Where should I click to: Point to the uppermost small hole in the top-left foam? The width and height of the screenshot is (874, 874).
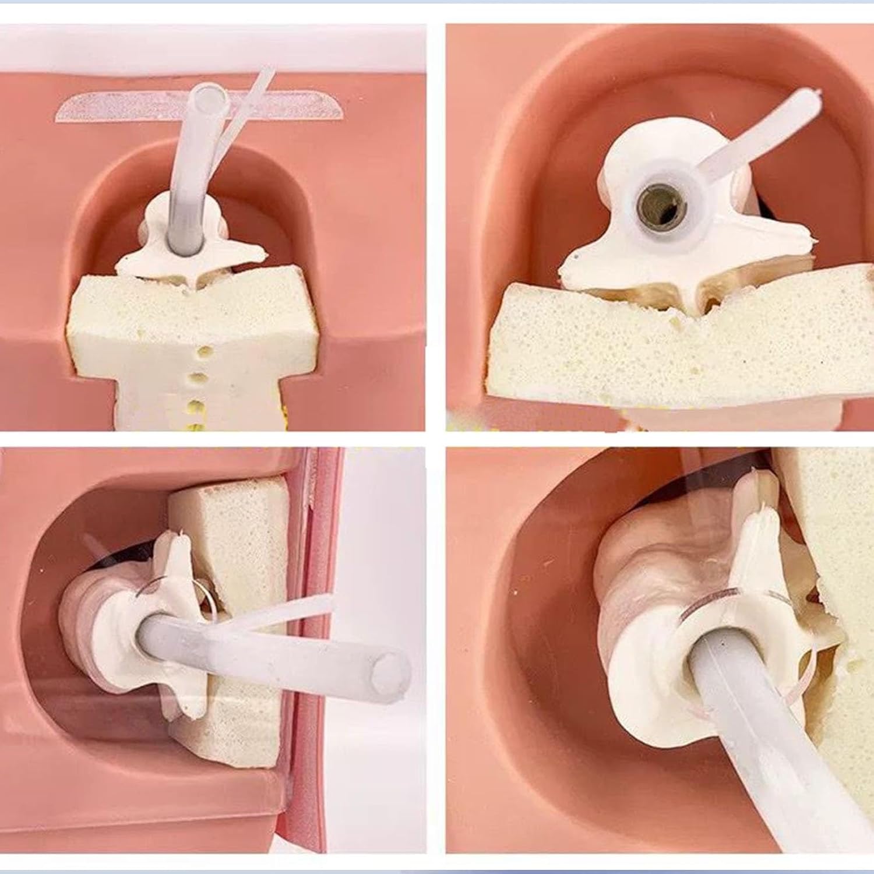click(204, 352)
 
